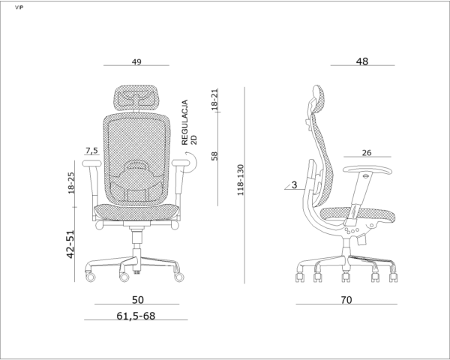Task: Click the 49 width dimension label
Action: point(136,61)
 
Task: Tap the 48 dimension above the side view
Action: point(362,61)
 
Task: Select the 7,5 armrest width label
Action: point(91,151)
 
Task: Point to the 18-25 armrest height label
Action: point(71,183)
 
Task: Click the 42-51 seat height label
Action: point(70,244)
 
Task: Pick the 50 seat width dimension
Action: point(138,300)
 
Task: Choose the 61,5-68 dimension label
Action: point(136,316)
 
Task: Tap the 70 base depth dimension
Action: point(346,300)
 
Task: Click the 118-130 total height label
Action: point(240,180)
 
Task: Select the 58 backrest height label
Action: point(214,156)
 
